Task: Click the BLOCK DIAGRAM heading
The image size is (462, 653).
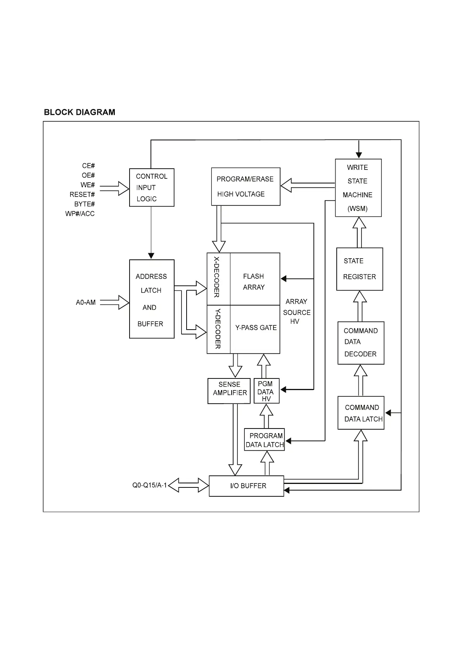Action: [80, 112]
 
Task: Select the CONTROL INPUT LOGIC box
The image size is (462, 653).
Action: [152, 188]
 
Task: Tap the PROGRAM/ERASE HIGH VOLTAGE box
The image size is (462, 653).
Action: [246, 187]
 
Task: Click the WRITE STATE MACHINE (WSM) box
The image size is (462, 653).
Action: [358, 188]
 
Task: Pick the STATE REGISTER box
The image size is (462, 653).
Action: [360, 269]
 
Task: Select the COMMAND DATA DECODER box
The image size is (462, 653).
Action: [361, 343]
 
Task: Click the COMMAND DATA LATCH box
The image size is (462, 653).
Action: [361, 413]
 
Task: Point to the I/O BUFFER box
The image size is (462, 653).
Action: [246, 486]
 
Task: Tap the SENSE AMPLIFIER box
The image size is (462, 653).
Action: [229, 390]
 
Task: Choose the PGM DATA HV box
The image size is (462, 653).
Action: [266, 391]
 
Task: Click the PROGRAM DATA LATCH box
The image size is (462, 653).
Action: [265, 440]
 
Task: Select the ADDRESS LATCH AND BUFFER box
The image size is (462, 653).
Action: [152, 299]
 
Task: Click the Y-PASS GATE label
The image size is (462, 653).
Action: [256, 328]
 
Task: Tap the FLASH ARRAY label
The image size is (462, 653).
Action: [254, 282]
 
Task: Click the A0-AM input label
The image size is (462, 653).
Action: [86, 302]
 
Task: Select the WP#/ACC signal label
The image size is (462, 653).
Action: [80, 214]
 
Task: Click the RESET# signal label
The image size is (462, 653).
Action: [82, 195]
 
